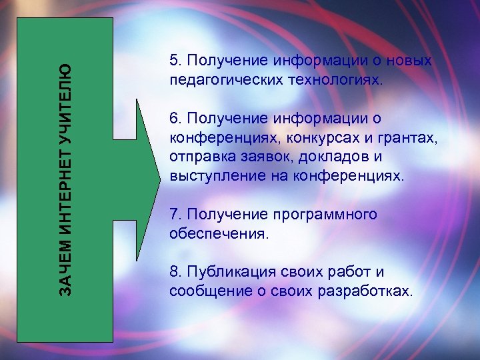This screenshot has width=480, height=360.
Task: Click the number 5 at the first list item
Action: pos(174,61)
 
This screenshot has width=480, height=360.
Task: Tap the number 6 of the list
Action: pos(174,119)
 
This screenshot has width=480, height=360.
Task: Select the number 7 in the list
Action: pos(174,215)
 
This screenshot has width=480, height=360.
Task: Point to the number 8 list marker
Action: pos(174,273)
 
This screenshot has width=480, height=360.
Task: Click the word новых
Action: pos(410,61)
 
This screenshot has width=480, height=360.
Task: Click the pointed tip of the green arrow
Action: pos(159,180)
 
